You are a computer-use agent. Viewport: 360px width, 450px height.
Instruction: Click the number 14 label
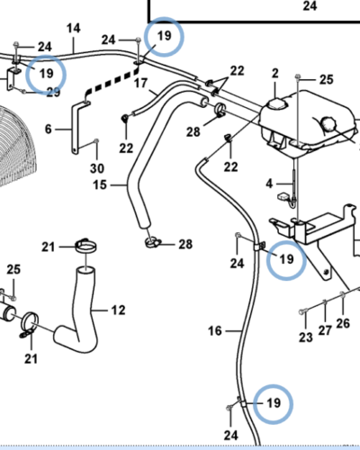tap(74, 29)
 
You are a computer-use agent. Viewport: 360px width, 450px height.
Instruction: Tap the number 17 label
tap(140, 84)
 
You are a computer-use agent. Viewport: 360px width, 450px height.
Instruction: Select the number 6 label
tap(49, 130)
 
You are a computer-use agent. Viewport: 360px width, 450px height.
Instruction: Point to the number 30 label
tap(97, 168)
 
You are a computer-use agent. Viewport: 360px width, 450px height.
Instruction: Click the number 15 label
tap(100, 184)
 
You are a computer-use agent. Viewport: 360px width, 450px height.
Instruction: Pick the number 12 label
tap(119, 310)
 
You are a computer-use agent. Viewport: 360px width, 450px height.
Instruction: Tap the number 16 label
tap(215, 331)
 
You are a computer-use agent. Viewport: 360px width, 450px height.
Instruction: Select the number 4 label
tap(269, 184)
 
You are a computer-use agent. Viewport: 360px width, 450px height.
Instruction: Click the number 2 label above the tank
tap(275, 74)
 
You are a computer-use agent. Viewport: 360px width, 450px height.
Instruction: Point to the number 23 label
tap(306, 337)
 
